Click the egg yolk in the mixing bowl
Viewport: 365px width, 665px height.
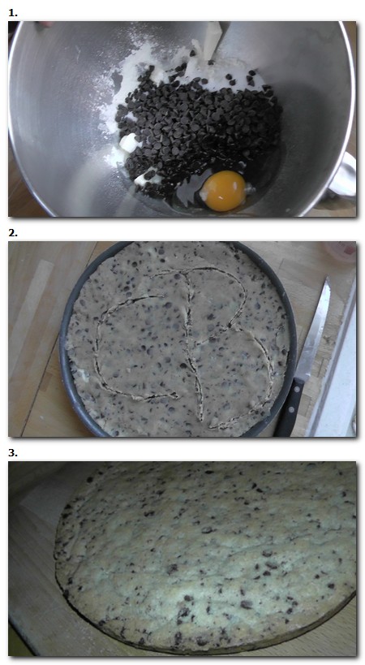223,190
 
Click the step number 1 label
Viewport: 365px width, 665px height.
12,12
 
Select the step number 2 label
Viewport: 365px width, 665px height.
12,232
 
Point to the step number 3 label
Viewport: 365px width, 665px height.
12,452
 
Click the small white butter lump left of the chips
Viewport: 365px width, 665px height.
129,144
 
